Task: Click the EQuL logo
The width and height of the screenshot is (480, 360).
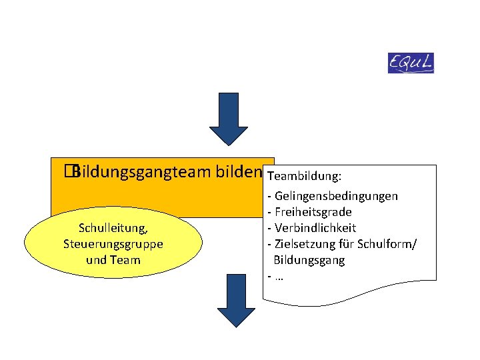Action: tap(411, 63)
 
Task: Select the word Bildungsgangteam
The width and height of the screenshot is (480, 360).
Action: tap(143, 173)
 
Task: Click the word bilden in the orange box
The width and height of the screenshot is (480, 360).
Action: tap(238, 173)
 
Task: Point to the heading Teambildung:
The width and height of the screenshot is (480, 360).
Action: tap(304, 177)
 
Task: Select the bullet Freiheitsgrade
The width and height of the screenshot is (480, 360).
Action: tap(313, 212)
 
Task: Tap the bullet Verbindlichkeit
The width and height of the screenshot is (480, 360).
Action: tap(315, 228)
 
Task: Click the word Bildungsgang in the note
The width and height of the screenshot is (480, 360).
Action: tap(309, 260)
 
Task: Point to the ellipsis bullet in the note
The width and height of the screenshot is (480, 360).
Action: tap(277, 276)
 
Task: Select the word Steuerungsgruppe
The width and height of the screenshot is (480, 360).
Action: tap(113, 244)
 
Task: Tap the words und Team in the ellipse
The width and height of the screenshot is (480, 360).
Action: tap(113, 259)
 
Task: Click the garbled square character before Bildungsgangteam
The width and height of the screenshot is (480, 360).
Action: tap(68, 173)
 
